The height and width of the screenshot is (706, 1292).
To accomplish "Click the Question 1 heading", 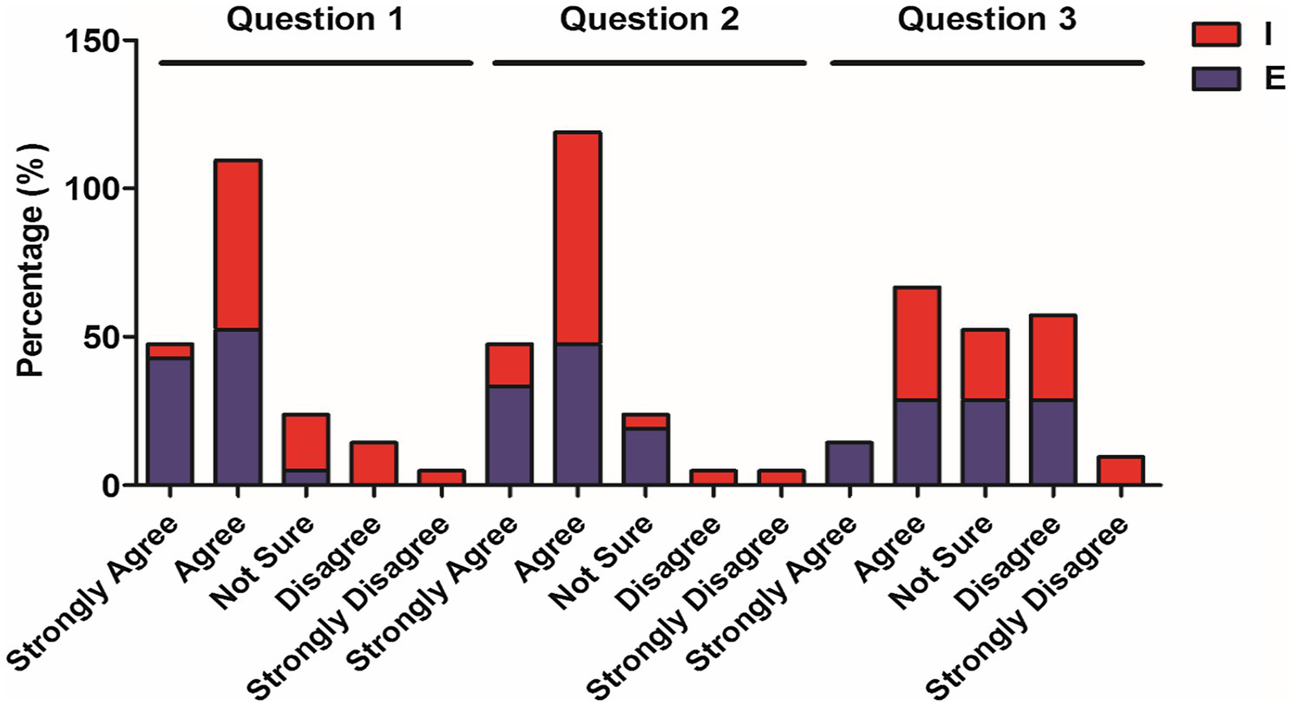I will point(315,19).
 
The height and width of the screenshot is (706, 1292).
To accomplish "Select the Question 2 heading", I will point(649,19).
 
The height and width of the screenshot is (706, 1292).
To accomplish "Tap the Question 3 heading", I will point(987,19).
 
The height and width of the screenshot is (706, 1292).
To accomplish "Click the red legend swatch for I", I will point(1216,34).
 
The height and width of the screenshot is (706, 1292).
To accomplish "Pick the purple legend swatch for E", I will point(1216,79).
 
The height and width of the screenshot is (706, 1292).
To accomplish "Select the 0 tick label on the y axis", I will point(110,485).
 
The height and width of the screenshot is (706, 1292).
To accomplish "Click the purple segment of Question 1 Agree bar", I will point(239,406).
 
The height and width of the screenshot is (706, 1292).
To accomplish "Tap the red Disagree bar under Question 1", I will point(374,463).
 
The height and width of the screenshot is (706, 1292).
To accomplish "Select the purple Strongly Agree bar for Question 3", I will point(849,463).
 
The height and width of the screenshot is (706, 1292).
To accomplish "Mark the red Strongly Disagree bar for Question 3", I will point(1120,470).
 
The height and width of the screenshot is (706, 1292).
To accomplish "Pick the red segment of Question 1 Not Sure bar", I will point(306,443).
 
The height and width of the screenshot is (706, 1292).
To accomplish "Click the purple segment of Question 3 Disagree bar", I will point(1053,442).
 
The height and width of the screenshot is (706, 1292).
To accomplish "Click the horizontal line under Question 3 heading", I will point(987,63).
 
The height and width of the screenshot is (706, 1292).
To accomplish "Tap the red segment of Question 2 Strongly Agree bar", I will point(509,365).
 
